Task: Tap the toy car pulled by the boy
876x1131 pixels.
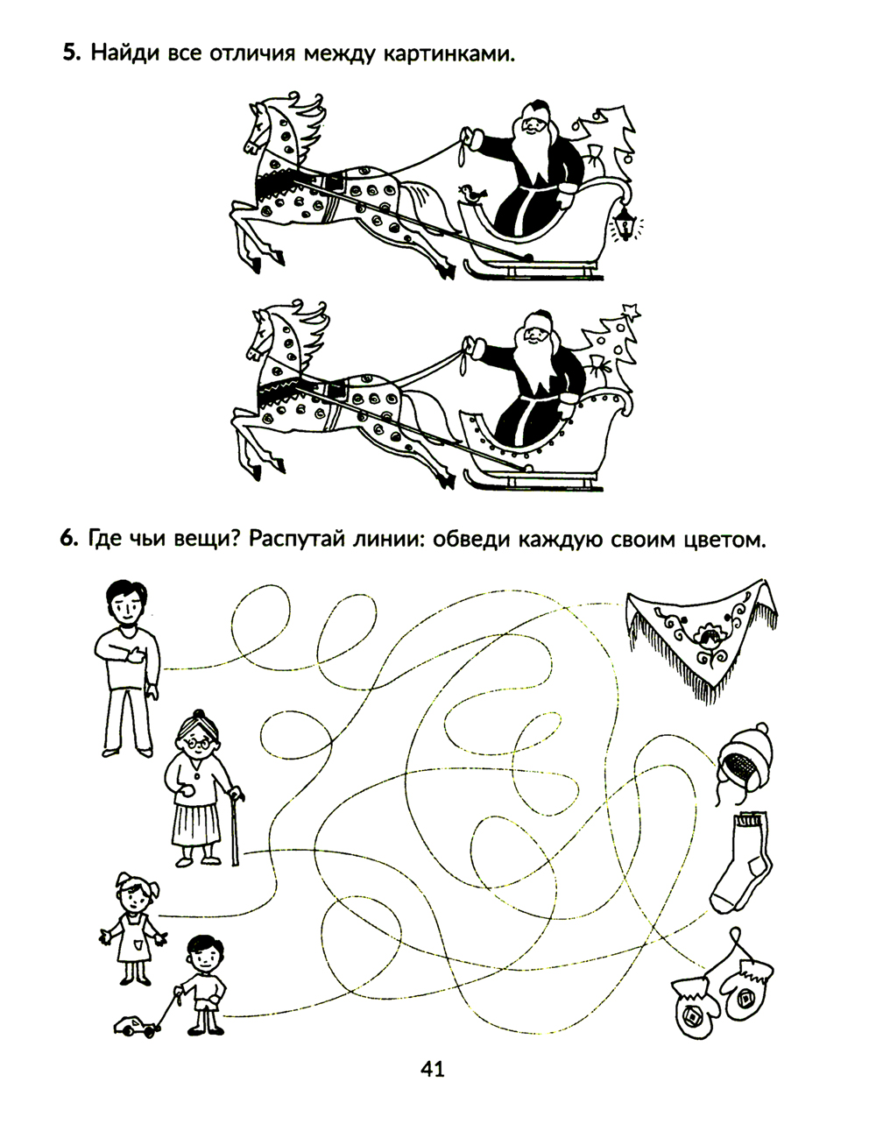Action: pos(135,1027)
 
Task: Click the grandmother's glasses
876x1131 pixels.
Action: pos(199,743)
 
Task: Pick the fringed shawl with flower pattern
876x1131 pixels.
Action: pos(702,640)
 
